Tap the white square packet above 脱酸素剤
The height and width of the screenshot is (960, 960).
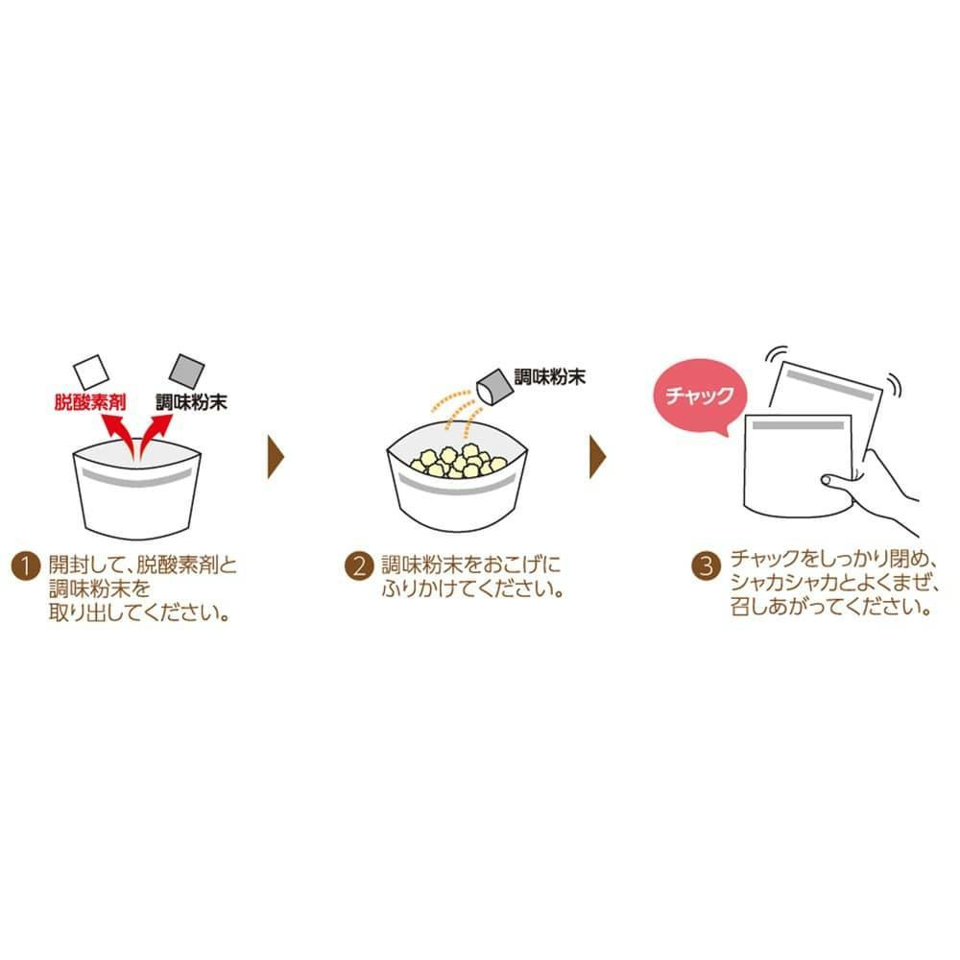click(x=90, y=372)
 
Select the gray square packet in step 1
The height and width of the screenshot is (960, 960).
click(x=187, y=371)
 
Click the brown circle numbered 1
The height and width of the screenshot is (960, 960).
click(x=26, y=566)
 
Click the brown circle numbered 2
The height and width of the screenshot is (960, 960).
click(x=359, y=566)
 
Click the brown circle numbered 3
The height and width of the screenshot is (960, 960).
click(x=706, y=566)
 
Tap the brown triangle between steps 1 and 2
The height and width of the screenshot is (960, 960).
click(x=276, y=457)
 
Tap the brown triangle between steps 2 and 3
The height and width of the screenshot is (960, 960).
click(x=597, y=457)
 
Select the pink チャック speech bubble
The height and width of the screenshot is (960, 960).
click(x=701, y=396)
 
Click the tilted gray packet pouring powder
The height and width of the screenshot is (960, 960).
click(x=494, y=386)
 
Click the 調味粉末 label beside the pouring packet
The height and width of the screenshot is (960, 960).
click(x=550, y=376)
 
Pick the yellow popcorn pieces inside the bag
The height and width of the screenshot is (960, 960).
click(x=458, y=461)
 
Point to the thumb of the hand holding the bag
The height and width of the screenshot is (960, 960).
click(x=836, y=481)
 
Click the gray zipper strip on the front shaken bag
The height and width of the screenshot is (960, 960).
click(x=799, y=424)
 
